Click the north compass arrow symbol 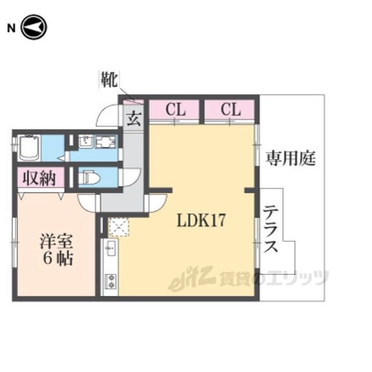(34, 27)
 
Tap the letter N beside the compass (11, 28)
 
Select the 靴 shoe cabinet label (109, 79)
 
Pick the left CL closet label (176, 109)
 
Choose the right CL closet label (231, 109)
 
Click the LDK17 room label (201, 220)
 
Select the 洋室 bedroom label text (56, 241)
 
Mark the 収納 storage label (40, 178)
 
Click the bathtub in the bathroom (29, 148)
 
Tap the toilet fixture (89, 177)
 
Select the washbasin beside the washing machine (86, 142)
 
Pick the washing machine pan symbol (106, 142)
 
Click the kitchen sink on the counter (111, 248)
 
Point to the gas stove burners (111, 281)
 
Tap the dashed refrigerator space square (119, 227)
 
